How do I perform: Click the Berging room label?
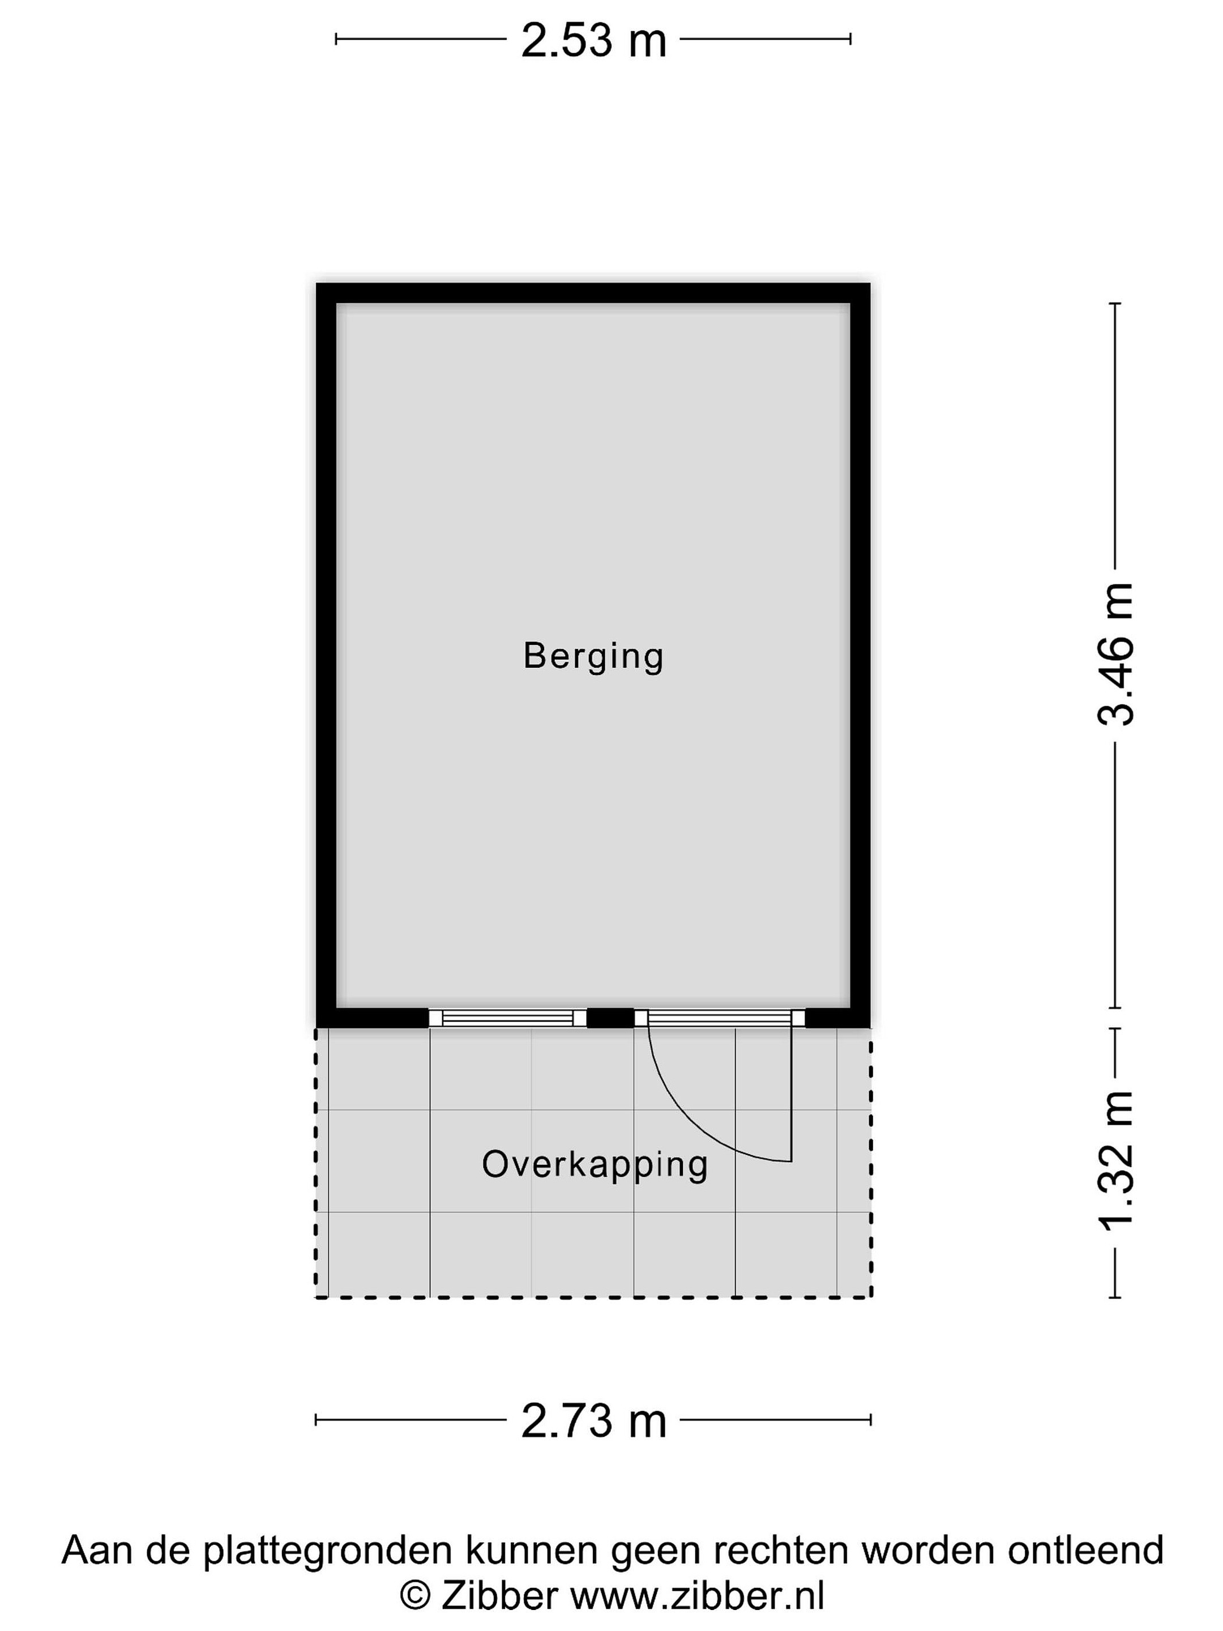tap(593, 656)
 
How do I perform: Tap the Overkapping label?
tap(595, 1164)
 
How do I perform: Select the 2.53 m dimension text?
tap(593, 41)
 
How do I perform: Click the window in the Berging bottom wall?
tap(507, 1018)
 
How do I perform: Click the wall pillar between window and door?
tap(610, 1018)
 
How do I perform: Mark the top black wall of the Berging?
tap(593, 293)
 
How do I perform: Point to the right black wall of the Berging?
tap(860, 655)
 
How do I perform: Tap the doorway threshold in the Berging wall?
tap(720, 1018)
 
